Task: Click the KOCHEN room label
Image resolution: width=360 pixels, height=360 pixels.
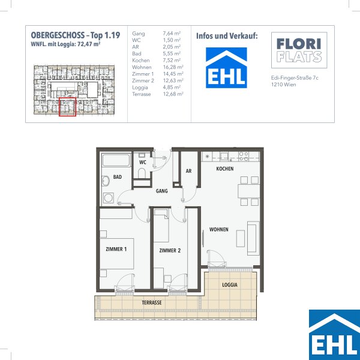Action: point(225,169)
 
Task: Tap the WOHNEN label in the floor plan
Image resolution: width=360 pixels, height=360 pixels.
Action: point(219,229)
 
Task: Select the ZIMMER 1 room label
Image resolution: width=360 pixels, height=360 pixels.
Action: point(116,249)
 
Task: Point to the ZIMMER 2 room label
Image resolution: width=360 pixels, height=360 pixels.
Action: point(170,250)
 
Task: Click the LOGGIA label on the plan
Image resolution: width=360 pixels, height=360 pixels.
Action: point(230,285)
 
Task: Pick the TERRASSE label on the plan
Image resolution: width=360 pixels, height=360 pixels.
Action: point(152,302)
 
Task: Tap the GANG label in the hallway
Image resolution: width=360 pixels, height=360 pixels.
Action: point(161,191)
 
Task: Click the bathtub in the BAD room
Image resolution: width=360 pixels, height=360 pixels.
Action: point(116,160)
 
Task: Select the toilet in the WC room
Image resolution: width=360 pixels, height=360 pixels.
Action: point(142,173)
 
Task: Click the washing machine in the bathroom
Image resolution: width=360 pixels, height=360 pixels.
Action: point(108,197)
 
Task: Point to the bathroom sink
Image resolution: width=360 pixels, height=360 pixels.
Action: point(106,181)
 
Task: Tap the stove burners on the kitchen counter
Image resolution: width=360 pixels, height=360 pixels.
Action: point(244,156)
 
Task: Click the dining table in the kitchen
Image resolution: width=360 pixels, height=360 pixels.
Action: point(249,191)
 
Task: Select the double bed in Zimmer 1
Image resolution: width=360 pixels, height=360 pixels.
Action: point(116,253)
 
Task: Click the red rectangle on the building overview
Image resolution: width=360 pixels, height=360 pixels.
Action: point(67,107)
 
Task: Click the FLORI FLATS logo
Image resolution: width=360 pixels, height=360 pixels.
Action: point(299,50)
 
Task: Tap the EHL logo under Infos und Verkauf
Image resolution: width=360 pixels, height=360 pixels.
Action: point(226,68)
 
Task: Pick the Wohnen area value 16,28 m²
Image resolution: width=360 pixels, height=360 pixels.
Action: point(173,67)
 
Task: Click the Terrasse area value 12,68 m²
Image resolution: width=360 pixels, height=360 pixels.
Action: point(173,94)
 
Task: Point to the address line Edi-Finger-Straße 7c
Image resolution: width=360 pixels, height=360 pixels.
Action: point(295,78)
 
